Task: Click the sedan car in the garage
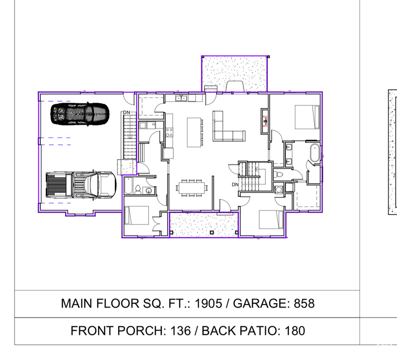click(80, 114)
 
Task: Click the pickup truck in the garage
click(81, 185)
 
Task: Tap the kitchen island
click(194, 132)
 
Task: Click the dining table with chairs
click(191, 187)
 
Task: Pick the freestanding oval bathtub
click(315, 153)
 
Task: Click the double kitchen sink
click(181, 97)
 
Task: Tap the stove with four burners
click(169, 132)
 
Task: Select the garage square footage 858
click(304, 303)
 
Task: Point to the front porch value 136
click(180, 330)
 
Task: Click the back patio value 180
click(295, 330)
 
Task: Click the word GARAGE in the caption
click(261, 303)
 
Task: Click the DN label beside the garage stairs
click(127, 112)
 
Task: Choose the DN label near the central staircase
click(235, 185)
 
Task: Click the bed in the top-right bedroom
click(307, 117)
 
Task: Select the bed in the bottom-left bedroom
click(137, 216)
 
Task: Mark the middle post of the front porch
click(212, 232)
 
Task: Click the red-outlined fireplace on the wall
click(265, 121)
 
